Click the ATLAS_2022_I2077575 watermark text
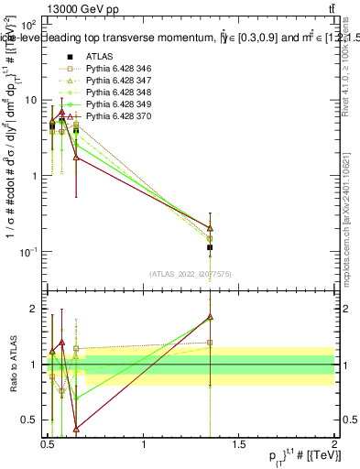pos(190,273)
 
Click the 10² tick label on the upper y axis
pos(28,24)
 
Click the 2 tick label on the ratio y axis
pos(36,309)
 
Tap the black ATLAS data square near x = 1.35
pos(210,247)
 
